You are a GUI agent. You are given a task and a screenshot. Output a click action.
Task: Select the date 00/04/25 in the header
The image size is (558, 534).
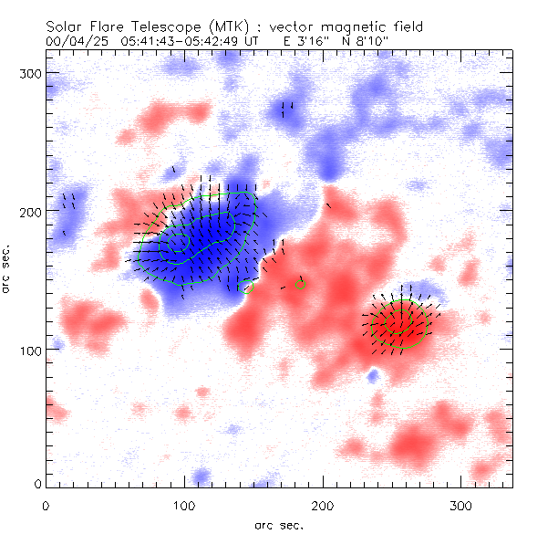[x=76, y=42]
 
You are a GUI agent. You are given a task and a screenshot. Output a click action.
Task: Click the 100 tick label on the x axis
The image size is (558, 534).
[x=184, y=505]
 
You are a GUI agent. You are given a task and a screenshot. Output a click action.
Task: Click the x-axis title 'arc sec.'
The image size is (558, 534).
[x=278, y=525]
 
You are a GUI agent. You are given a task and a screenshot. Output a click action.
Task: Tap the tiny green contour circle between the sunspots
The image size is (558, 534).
[x=301, y=285]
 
